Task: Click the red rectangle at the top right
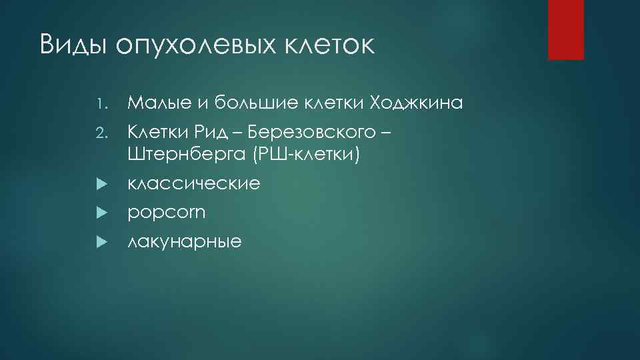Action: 565,29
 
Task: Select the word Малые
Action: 157,103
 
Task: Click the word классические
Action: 193,184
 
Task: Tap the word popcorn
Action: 167,213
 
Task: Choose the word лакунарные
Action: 185,241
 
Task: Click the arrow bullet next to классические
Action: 101,183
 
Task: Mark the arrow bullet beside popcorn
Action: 101,213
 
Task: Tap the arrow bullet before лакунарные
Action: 101,241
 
